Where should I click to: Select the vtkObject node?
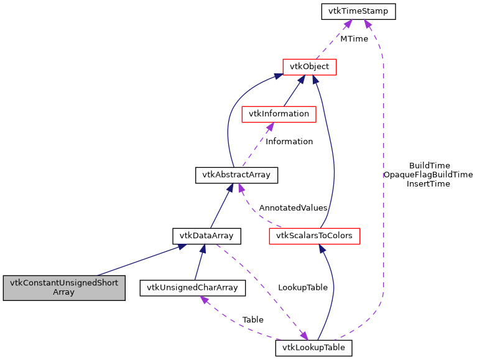coord(309,67)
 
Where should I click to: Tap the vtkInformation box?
coord(279,114)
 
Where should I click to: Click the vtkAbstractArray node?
coord(236,175)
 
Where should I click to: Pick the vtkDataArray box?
coord(206,236)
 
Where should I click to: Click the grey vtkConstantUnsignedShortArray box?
coord(64,287)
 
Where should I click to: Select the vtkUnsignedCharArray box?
coord(193,287)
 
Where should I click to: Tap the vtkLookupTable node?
coord(313,348)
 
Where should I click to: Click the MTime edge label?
coord(354,39)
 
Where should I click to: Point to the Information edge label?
coord(289,141)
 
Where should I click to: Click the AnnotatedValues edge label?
coord(293,208)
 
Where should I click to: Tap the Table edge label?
coord(252,320)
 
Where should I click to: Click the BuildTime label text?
coord(429,165)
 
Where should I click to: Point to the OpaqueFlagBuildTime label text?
coord(428,175)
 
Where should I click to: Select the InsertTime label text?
coord(428,184)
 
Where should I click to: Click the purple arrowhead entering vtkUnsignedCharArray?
coord(203,300)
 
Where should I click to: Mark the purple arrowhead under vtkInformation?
coord(269,127)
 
